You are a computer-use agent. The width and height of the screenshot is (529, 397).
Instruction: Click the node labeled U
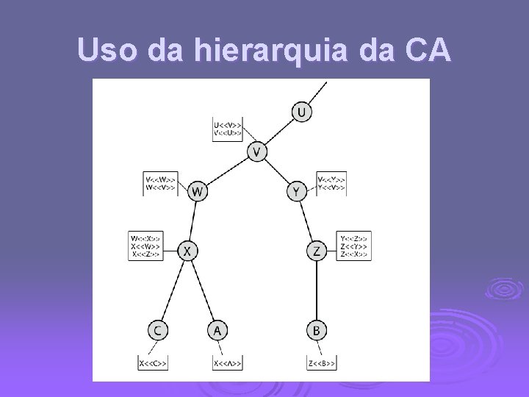(x=301, y=112)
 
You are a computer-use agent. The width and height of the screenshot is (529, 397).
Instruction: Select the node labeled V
(x=257, y=152)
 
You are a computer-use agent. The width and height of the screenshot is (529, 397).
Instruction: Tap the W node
(x=197, y=192)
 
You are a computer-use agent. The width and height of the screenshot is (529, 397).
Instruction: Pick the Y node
(x=296, y=192)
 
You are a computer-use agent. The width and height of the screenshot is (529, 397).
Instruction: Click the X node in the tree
(x=187, y=251)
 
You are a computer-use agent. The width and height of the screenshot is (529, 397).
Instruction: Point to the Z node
(x=316, y=251)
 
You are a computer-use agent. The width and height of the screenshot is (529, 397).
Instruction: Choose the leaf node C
(x=156, y=331)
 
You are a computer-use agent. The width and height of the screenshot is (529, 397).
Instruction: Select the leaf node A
(x=217, y=331)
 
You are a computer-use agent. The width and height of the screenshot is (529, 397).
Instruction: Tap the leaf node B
(x=316, y=331)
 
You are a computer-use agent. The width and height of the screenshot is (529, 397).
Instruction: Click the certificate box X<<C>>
(x=154, y=362)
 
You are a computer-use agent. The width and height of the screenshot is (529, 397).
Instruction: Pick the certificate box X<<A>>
(x=228, y=362)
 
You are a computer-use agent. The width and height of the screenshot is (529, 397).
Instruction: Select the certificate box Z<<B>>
(x=323, y=362)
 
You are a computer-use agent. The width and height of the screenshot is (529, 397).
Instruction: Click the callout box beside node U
(x=228, y=129)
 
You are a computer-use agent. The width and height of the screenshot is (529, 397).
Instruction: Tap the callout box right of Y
(x=331, y=183)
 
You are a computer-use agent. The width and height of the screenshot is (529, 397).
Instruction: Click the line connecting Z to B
(x=316, y=291)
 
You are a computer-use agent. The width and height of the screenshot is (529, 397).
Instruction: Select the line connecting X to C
(x=172, y=290)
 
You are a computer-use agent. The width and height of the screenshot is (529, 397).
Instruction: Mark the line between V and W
(x=227, y=172)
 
